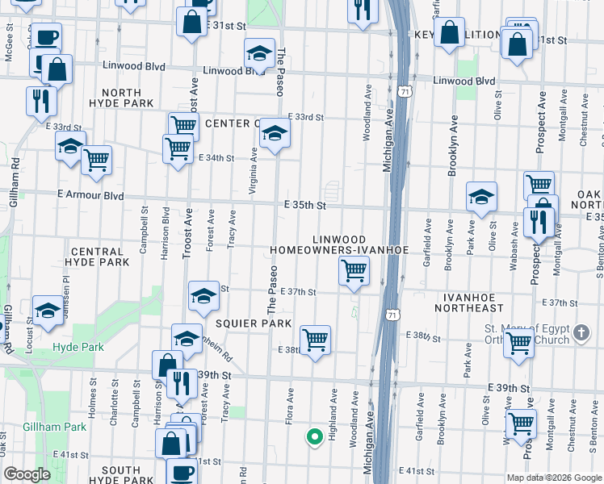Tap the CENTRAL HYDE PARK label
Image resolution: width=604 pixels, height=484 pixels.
(98, 257)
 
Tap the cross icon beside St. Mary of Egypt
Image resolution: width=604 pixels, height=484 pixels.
(580, 331)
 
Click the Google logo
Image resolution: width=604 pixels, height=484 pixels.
(27, 474)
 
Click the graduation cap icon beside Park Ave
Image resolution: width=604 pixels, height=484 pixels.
(480, 197)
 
